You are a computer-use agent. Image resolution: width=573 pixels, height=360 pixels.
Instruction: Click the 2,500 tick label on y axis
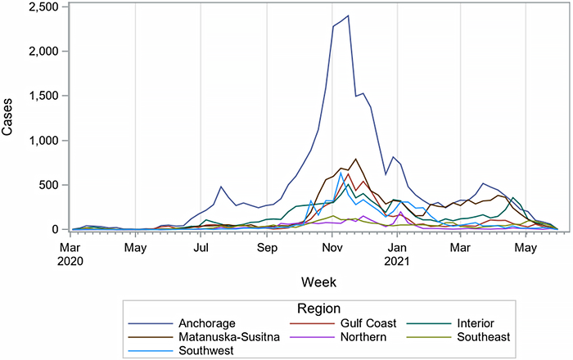(x=40, y=7)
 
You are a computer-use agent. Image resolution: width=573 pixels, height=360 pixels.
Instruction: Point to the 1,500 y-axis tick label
(x=40, y=96)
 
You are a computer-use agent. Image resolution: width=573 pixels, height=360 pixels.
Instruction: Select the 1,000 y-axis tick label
(x=40, y=141)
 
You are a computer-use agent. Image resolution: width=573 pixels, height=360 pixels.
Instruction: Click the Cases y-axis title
(x=9, y=119)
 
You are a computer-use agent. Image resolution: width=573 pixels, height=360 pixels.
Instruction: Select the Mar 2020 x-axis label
(x=73, y=252)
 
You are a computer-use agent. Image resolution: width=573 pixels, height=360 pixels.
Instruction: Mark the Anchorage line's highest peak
(x=348, y=16)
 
